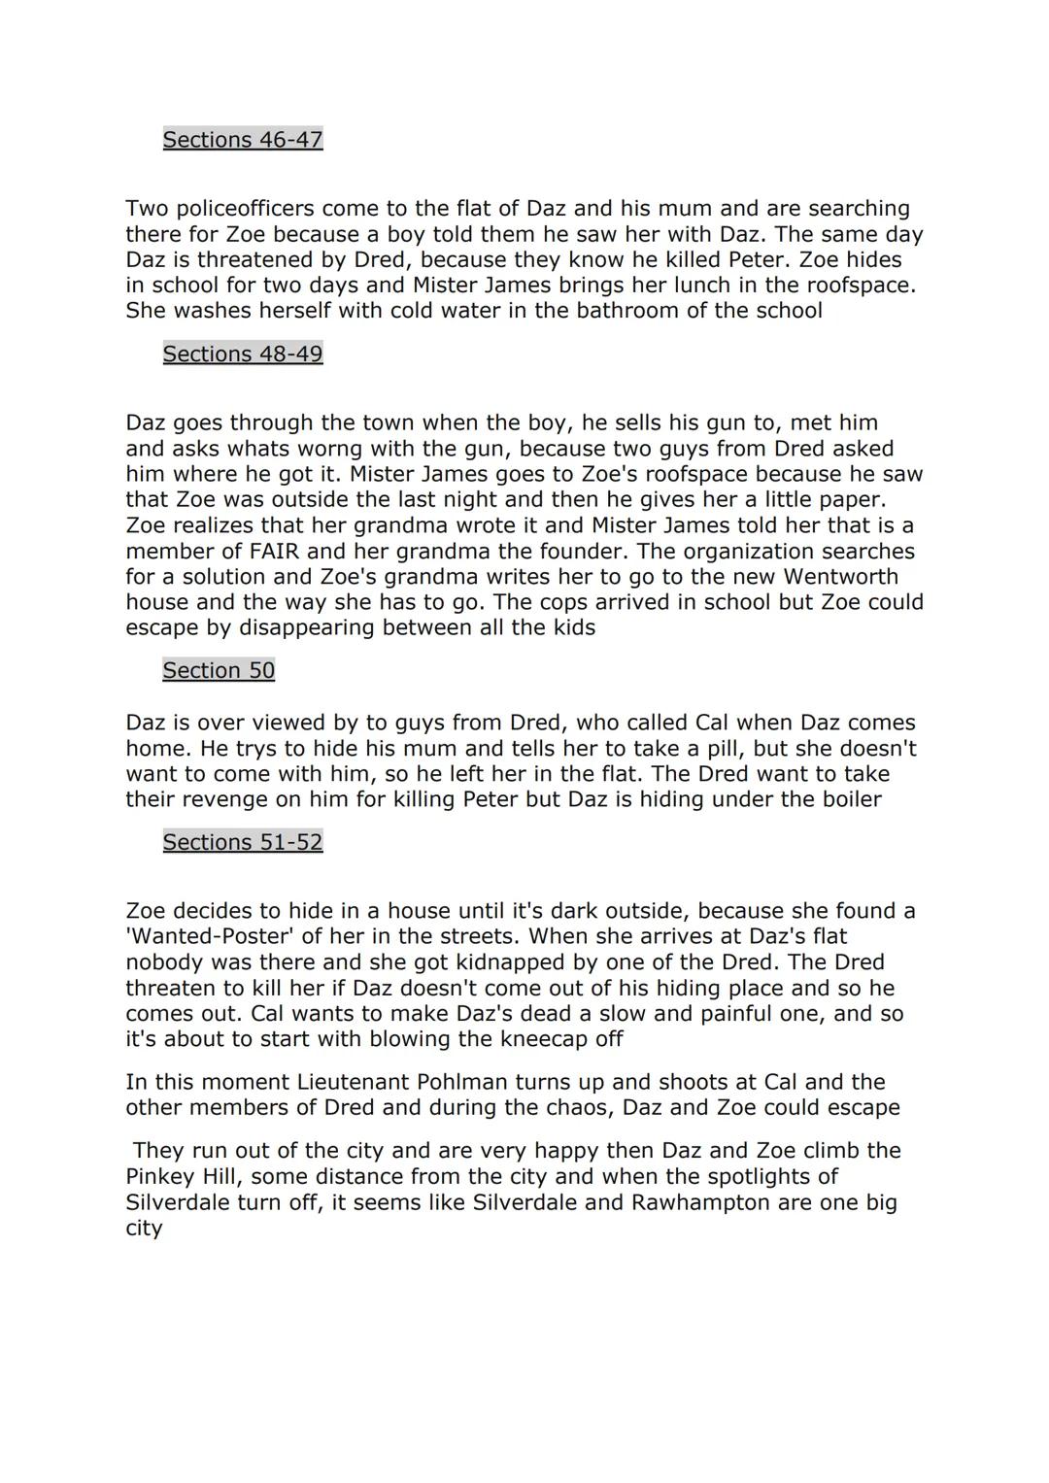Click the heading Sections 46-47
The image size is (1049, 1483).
point(242,140)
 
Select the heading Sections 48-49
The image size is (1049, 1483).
point(242,354)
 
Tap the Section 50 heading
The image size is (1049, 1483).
point(219,670)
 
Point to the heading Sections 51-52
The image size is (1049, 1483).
point(242,842)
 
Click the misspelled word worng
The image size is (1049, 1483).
point(334,449)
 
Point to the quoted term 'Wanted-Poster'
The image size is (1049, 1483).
point(215,937)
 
